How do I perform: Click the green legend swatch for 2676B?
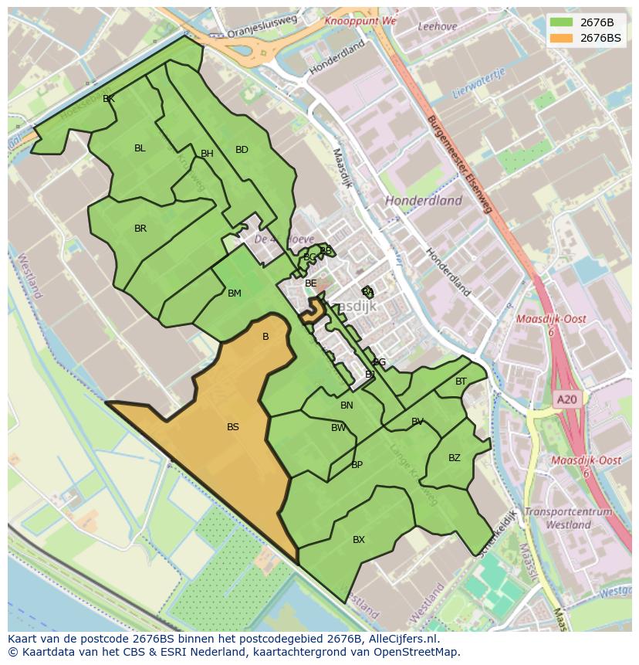click(561, 22)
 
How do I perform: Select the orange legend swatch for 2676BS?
click(561, 38)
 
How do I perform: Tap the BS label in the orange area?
click(233, 427)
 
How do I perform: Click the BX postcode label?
click(359, 540)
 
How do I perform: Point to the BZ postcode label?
click(455, 458)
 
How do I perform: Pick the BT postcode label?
click(461, 382)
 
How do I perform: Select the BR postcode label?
click(140, 229)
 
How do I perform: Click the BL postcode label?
click(140, 148)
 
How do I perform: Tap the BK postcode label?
click(109, 99)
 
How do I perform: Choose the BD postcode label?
click(242, 150)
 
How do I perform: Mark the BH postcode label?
click(207, 154)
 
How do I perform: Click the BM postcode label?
click(235, 293)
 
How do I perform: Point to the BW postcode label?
click(339, 428)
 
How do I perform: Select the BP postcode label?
click(357, 465)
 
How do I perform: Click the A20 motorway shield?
click(566, 399)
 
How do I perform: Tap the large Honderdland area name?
click(424, 201)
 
